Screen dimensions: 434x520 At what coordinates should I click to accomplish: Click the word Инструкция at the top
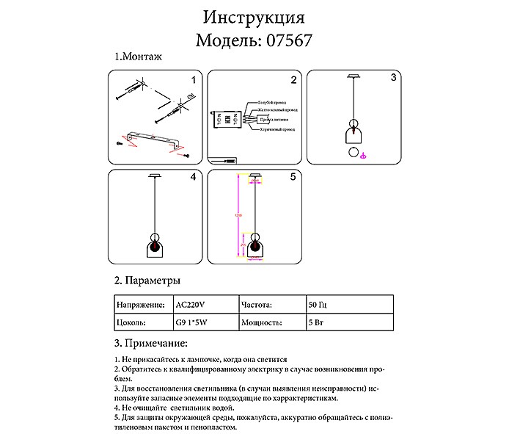253,16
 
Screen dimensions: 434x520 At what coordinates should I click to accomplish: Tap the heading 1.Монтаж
137,57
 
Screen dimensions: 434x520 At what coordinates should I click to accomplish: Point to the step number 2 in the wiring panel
293,80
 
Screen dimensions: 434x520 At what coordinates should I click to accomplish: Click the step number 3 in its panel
393,77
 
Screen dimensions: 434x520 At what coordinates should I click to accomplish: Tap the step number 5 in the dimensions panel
293,177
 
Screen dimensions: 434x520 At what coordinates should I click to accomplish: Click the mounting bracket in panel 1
153,140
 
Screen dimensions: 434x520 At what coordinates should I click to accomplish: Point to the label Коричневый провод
277,129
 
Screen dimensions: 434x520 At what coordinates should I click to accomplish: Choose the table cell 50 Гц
318,303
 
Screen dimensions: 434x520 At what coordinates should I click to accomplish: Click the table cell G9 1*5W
193,322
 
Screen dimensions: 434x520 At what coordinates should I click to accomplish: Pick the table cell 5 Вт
316,322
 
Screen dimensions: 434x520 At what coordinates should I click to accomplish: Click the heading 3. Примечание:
151,344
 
